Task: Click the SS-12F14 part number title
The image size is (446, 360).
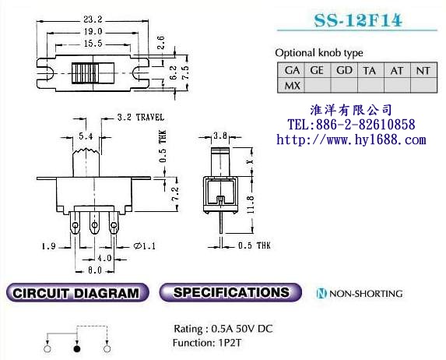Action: pos(358,21)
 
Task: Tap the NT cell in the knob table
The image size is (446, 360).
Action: pos(423,70)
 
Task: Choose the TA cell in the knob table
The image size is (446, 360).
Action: pos(370,70)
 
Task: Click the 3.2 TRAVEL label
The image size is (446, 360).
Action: pos(139,118)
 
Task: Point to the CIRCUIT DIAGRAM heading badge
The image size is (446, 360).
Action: pos(76,294)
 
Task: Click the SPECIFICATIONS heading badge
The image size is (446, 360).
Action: pos(230,293)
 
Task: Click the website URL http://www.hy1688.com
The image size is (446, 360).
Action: pos(352,140)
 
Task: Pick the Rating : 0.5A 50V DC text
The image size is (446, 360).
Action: pos(223,328)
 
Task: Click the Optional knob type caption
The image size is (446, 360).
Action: pos(318,53)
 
